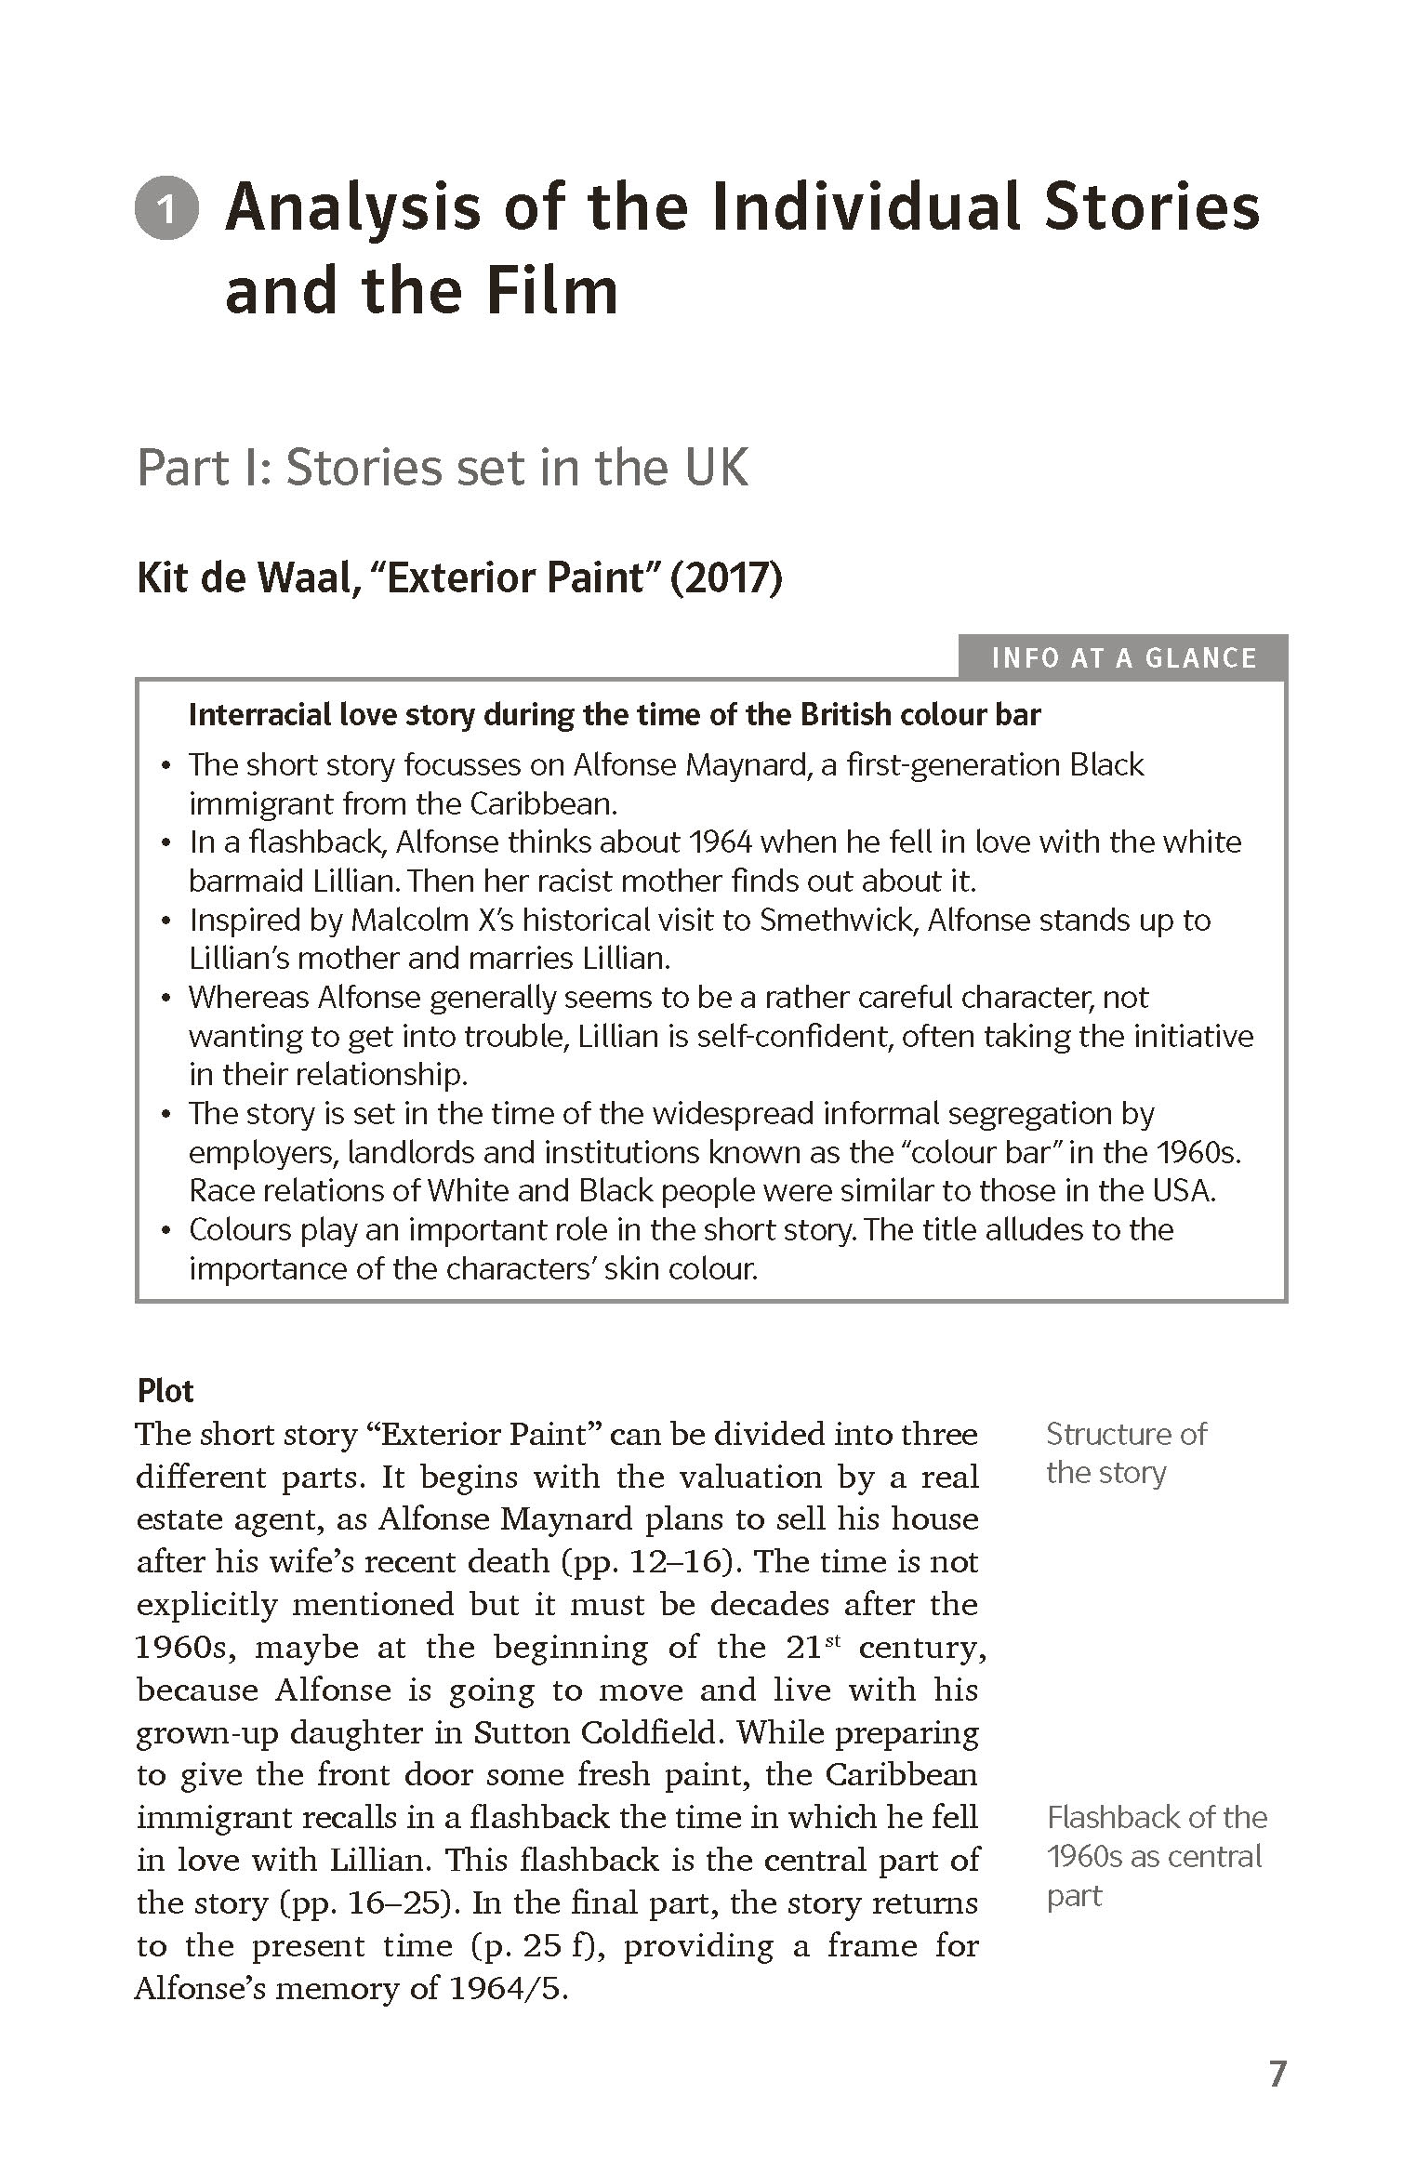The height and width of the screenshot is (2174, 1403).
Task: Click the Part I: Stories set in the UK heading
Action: tap(443, 467)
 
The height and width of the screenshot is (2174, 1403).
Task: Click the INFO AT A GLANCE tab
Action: tap(1123, 658)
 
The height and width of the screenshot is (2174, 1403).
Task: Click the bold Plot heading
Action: tap(165, 1391)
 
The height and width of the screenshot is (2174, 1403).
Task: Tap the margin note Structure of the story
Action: tap(1126, 1453)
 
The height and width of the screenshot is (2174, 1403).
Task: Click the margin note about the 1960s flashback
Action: tap(1156, 1857)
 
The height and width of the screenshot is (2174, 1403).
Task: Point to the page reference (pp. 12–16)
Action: tap(647, 1561)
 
